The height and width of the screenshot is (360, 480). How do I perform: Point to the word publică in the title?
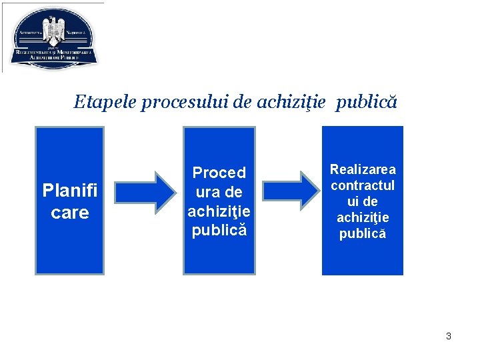tap(367, 102)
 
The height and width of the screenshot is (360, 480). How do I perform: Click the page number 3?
tap(449, 336)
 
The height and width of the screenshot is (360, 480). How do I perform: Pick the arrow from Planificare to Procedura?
tap(143, 191)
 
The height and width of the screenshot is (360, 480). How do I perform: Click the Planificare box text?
tap(69, 201)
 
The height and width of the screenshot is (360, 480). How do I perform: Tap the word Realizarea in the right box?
tap(363, 169)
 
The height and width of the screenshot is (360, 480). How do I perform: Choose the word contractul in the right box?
tap(363, 185)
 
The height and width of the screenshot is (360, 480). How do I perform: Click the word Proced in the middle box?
tap(219, 173)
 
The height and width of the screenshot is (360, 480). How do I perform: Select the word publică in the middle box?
tap(219, 231)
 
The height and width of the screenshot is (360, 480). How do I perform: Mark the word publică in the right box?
tap(363, 233)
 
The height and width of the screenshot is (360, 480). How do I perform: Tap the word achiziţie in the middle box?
tap(219, 211)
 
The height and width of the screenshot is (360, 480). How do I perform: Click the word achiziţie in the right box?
tap(363, 217)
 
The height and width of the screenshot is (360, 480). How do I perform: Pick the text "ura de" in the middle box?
tap(219, 192)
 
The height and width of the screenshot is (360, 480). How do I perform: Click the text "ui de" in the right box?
tap(363, 201)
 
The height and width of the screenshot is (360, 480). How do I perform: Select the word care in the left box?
tap(69, 213)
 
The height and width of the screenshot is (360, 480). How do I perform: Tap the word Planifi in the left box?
tap(69, 191)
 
